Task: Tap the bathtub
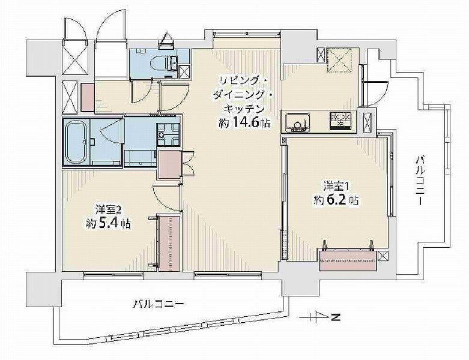(x=76, y=142)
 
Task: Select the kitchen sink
(x=296, y=122)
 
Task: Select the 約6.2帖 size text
(x=336, y=200)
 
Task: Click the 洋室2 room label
(x=108, y=209)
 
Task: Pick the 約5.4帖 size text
(x=108, y=224)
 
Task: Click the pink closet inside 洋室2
(x=169, y=242)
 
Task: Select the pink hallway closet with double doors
(x=169, y=164)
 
